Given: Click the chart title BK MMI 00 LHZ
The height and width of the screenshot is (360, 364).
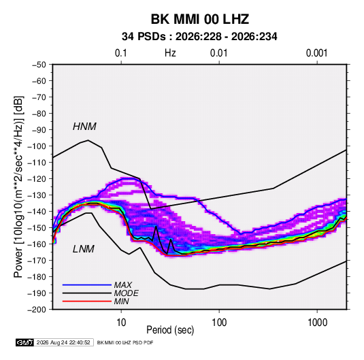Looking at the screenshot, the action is [x=200, y=19].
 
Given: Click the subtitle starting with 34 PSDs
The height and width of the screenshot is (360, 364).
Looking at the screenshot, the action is [x=199, y=37].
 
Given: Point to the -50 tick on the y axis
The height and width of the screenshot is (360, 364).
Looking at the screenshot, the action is [x=39, y=65].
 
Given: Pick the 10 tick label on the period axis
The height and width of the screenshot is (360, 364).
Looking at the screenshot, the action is [x=121, y=323].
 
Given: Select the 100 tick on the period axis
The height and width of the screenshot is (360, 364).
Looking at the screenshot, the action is [x=219, y=323].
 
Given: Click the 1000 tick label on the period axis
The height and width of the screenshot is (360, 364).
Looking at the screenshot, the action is [x=317, y=323].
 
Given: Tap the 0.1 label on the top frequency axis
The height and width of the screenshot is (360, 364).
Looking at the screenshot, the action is [x=121, y=53].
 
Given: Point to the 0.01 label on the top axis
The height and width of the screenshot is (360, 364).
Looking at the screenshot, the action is [x=219, y=53].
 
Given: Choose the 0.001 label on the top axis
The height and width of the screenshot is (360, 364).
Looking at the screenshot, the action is [x=317, y=53].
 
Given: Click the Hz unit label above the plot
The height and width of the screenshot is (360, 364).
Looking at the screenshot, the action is [x=170, y=53].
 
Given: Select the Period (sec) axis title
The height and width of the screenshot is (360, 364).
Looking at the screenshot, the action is [x=170, y=330].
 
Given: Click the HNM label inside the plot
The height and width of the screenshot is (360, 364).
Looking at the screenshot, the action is [x=84, y=127].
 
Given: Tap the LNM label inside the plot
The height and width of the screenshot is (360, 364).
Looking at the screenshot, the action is [x=84, y=249].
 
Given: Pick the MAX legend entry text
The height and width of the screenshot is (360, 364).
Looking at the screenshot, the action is [x=123, y=285].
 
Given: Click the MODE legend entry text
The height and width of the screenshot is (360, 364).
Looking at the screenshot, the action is [x=127, y=293].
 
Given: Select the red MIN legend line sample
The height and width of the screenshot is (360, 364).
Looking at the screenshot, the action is [x=87, y=301].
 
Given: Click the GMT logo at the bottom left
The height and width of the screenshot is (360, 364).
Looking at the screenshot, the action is [x=24, y=342].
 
